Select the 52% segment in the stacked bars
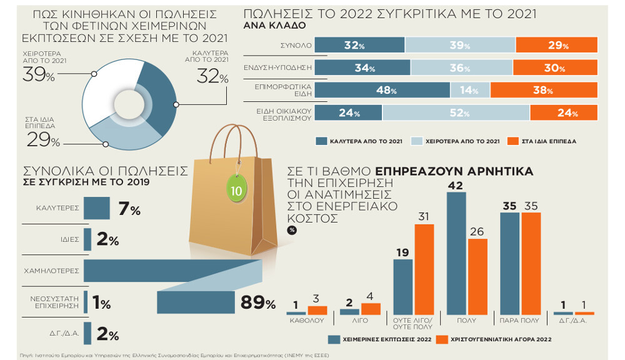pyautogui.click(x=456, y=112)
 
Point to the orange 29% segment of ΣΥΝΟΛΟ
pyautogui.click(x=556, y=45)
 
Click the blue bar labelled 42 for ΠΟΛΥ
pyautogui.click(x=457, y=252)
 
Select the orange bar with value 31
pyautogui.click(x=424, y=269)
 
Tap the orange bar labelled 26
pyautogui.click(x=477, y=276)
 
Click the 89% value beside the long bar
pyautogui.click(x=257, y=304)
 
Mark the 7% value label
pyautogui.click(x=129, y=209)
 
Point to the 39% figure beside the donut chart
pyautogui.click(x=38, y=76)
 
